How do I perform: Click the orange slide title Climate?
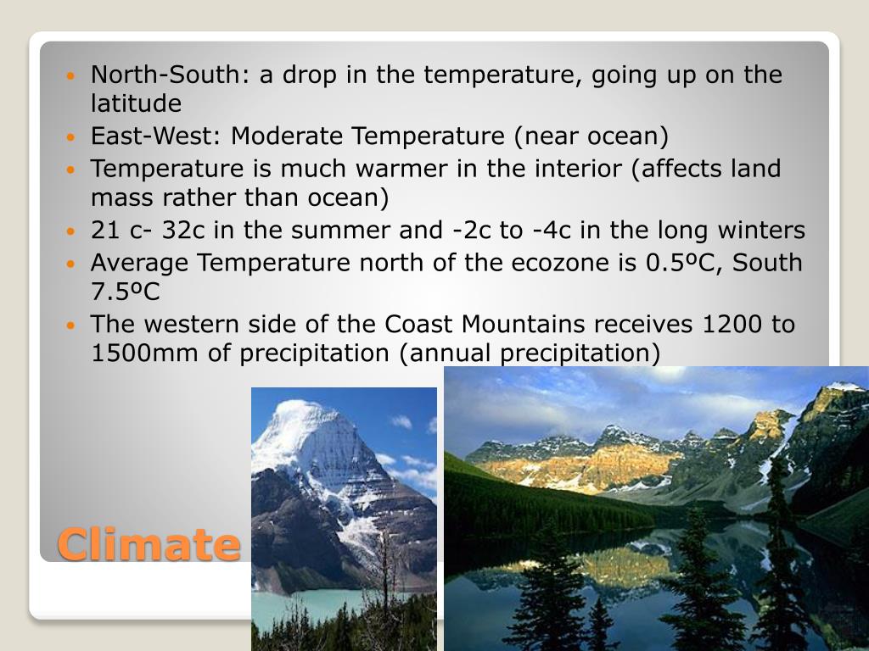click(x=149, y=543)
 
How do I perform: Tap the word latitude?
click(x=136, y=103)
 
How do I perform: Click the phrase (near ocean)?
click(x=596, y=136)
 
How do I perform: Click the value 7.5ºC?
click(x=126, y=292)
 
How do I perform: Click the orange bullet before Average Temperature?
click(x=71, y=264)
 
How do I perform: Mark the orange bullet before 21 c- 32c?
click(x=71, y=231)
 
